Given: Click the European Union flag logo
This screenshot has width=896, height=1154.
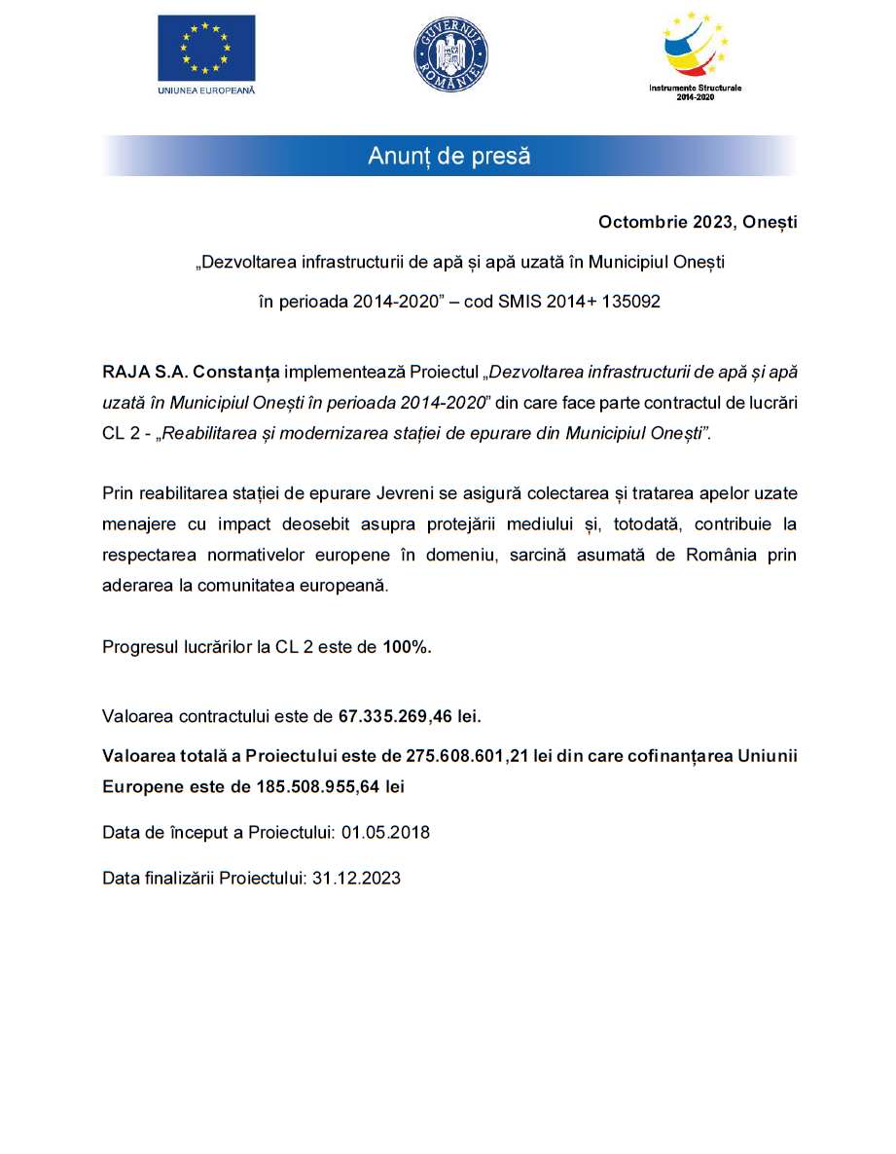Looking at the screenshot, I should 206,48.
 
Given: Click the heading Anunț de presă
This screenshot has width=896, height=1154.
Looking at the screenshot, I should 449,156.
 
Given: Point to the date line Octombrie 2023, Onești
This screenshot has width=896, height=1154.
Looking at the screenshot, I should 697,223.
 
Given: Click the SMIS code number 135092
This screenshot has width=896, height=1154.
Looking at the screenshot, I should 629,302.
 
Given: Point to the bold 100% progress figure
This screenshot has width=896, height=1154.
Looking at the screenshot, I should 407,647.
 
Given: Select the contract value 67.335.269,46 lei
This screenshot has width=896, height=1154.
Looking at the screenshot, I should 410,717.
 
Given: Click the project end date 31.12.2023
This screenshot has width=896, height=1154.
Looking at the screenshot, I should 356,878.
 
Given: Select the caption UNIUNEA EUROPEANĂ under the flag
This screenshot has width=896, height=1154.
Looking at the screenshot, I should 206,90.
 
